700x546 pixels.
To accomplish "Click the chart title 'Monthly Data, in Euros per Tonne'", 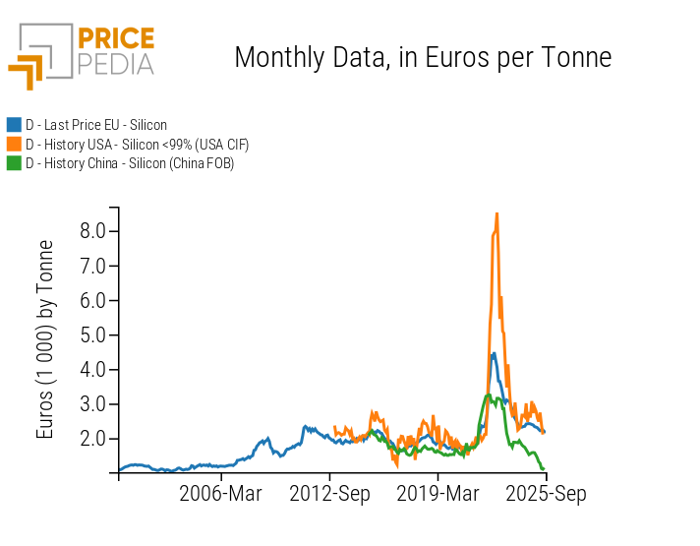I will (x=423, y=57).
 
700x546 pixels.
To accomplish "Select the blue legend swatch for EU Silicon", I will (x=14, y=125).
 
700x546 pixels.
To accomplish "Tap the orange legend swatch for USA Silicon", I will (x=14, y=145).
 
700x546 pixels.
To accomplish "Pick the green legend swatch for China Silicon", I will (x=14, y=163).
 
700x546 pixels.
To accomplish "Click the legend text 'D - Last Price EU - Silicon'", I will (x=96, y=125).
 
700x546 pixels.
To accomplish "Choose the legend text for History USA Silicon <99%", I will (x=137, y=145).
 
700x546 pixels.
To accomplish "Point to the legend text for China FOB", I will (x=130, y=163).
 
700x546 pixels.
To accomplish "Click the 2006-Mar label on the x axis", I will (x=221, y=493).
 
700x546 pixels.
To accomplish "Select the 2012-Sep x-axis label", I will (x=329, y=493).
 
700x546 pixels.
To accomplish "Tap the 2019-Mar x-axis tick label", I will (x=437, y=493).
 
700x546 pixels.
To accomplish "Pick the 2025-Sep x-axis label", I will (x=546, y=493).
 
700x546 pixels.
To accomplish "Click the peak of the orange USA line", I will (x=496, y=213).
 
